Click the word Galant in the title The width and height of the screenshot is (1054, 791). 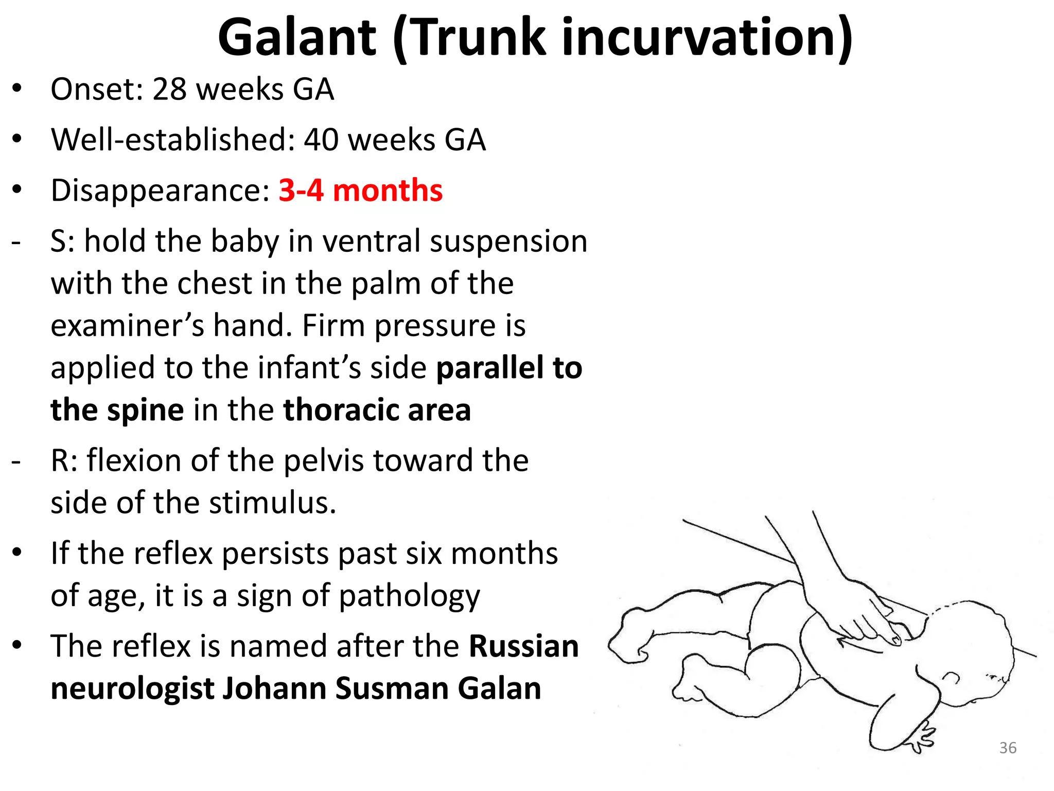point(297,38)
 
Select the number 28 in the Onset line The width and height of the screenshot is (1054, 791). point(169,89)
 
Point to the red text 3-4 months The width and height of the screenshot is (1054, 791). point(360,191)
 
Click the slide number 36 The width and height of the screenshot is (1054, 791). point(1008,748)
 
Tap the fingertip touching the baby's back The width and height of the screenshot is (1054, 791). point(896,640)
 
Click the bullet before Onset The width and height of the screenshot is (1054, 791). point(17,89)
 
